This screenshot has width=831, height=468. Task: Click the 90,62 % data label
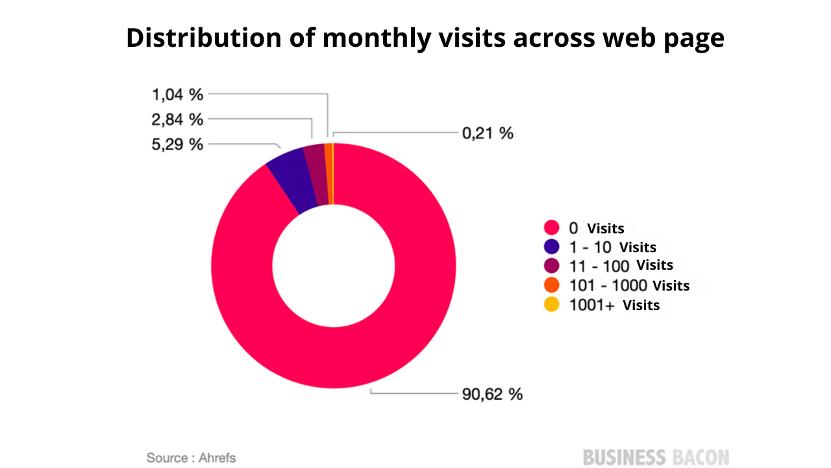point(492,394)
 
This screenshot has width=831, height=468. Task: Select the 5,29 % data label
point(178,144)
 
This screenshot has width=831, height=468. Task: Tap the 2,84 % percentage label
point(178,120)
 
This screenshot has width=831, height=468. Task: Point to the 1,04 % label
point(178,95)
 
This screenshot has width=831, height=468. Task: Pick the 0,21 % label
point(488,133)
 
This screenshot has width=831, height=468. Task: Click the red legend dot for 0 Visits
point(552,228)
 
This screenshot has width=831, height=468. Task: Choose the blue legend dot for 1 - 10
point(552,247)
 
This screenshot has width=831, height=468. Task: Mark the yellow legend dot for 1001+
point(552,304)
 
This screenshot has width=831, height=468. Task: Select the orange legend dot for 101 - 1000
point(552,285)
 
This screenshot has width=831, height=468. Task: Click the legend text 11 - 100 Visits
point(621,265)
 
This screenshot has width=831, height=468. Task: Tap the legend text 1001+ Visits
point(614,305)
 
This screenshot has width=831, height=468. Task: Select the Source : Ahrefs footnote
point(191,458)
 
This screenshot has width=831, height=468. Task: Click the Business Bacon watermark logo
point(656,457)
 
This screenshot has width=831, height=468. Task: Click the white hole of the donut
point(334,266)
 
